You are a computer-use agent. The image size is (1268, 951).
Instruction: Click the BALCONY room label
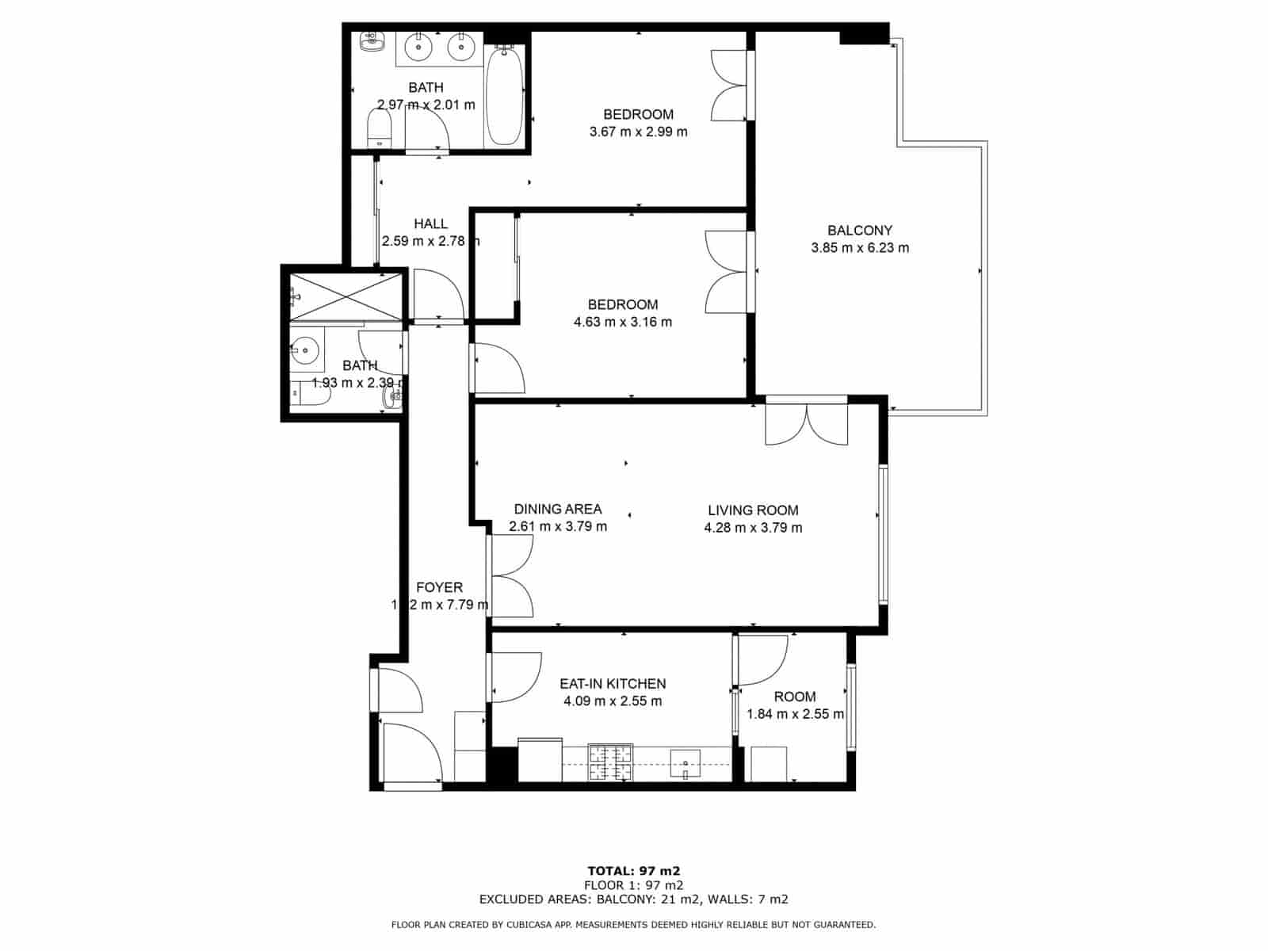[x=860, y=231]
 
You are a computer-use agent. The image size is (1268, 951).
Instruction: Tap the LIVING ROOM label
[x=753, y=510]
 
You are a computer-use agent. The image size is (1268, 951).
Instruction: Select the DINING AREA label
[x=558, y=509]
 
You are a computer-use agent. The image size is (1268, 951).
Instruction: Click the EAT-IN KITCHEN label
[x=613, y=683]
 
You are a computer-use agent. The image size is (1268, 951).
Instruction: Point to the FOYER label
[x=439, y=587]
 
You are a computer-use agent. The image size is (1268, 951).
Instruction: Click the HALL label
[x=430, y=224]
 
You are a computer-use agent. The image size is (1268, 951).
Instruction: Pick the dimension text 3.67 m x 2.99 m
[x=638, y=132]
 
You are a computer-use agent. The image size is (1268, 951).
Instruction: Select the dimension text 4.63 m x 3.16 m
[x=622, y=322]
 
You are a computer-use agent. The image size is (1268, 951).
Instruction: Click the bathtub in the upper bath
[x=504, y=95]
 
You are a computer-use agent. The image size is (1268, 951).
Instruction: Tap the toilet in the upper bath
[x=380, y=127]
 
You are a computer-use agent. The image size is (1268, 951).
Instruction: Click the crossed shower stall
[x=346, y=296]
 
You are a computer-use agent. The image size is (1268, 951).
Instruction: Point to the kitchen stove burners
[x=610, y=762]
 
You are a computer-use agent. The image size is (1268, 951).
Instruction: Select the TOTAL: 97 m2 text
[x=633, y=870]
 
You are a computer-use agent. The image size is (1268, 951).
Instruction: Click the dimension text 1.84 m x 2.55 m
[x=795, y=714]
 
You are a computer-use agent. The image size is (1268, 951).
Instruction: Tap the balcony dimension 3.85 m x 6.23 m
[x=860, y=248]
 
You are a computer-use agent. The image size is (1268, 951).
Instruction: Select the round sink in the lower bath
[x=304, y=349]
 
